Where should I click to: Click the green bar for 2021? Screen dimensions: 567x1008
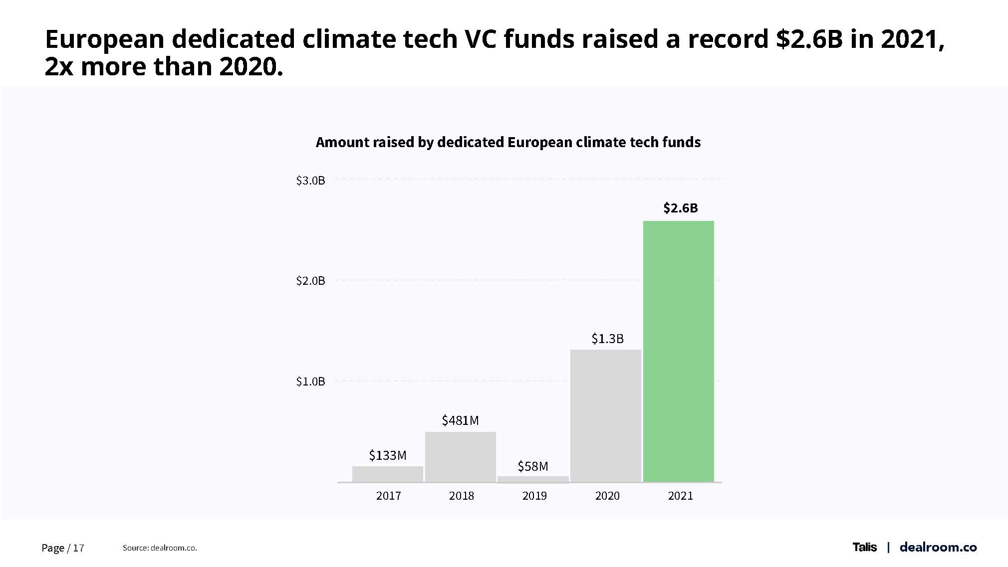pos(678,351)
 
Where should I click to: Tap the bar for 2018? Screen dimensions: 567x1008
pos(460,457)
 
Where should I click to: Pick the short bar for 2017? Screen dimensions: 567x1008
pos(387,474)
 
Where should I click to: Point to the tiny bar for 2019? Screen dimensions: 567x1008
pos(533,479)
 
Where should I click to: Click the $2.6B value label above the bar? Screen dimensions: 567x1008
pos(680,208)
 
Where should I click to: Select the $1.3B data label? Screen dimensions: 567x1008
pos(607,339)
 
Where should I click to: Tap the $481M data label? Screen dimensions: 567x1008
pos(460,420)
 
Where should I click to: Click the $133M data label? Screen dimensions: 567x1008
pos(387,455)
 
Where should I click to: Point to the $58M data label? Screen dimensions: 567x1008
pos(532,466)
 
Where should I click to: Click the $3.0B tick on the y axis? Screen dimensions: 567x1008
pos(310,181)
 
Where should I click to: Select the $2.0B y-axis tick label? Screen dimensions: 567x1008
pos(310,281)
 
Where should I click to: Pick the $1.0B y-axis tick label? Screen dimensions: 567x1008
pos(310,381)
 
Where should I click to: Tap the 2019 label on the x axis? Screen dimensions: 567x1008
pos(534,496)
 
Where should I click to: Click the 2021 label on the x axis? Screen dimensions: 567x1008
pos(680,496)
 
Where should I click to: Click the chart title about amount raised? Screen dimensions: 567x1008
pos(508,143)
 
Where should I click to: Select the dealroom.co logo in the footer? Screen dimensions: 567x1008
pos(938,547)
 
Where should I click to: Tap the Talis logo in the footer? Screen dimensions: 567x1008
pos(864,547)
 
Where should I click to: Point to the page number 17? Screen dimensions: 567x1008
pos(78,548)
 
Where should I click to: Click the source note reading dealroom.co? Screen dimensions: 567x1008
pos(160,548)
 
